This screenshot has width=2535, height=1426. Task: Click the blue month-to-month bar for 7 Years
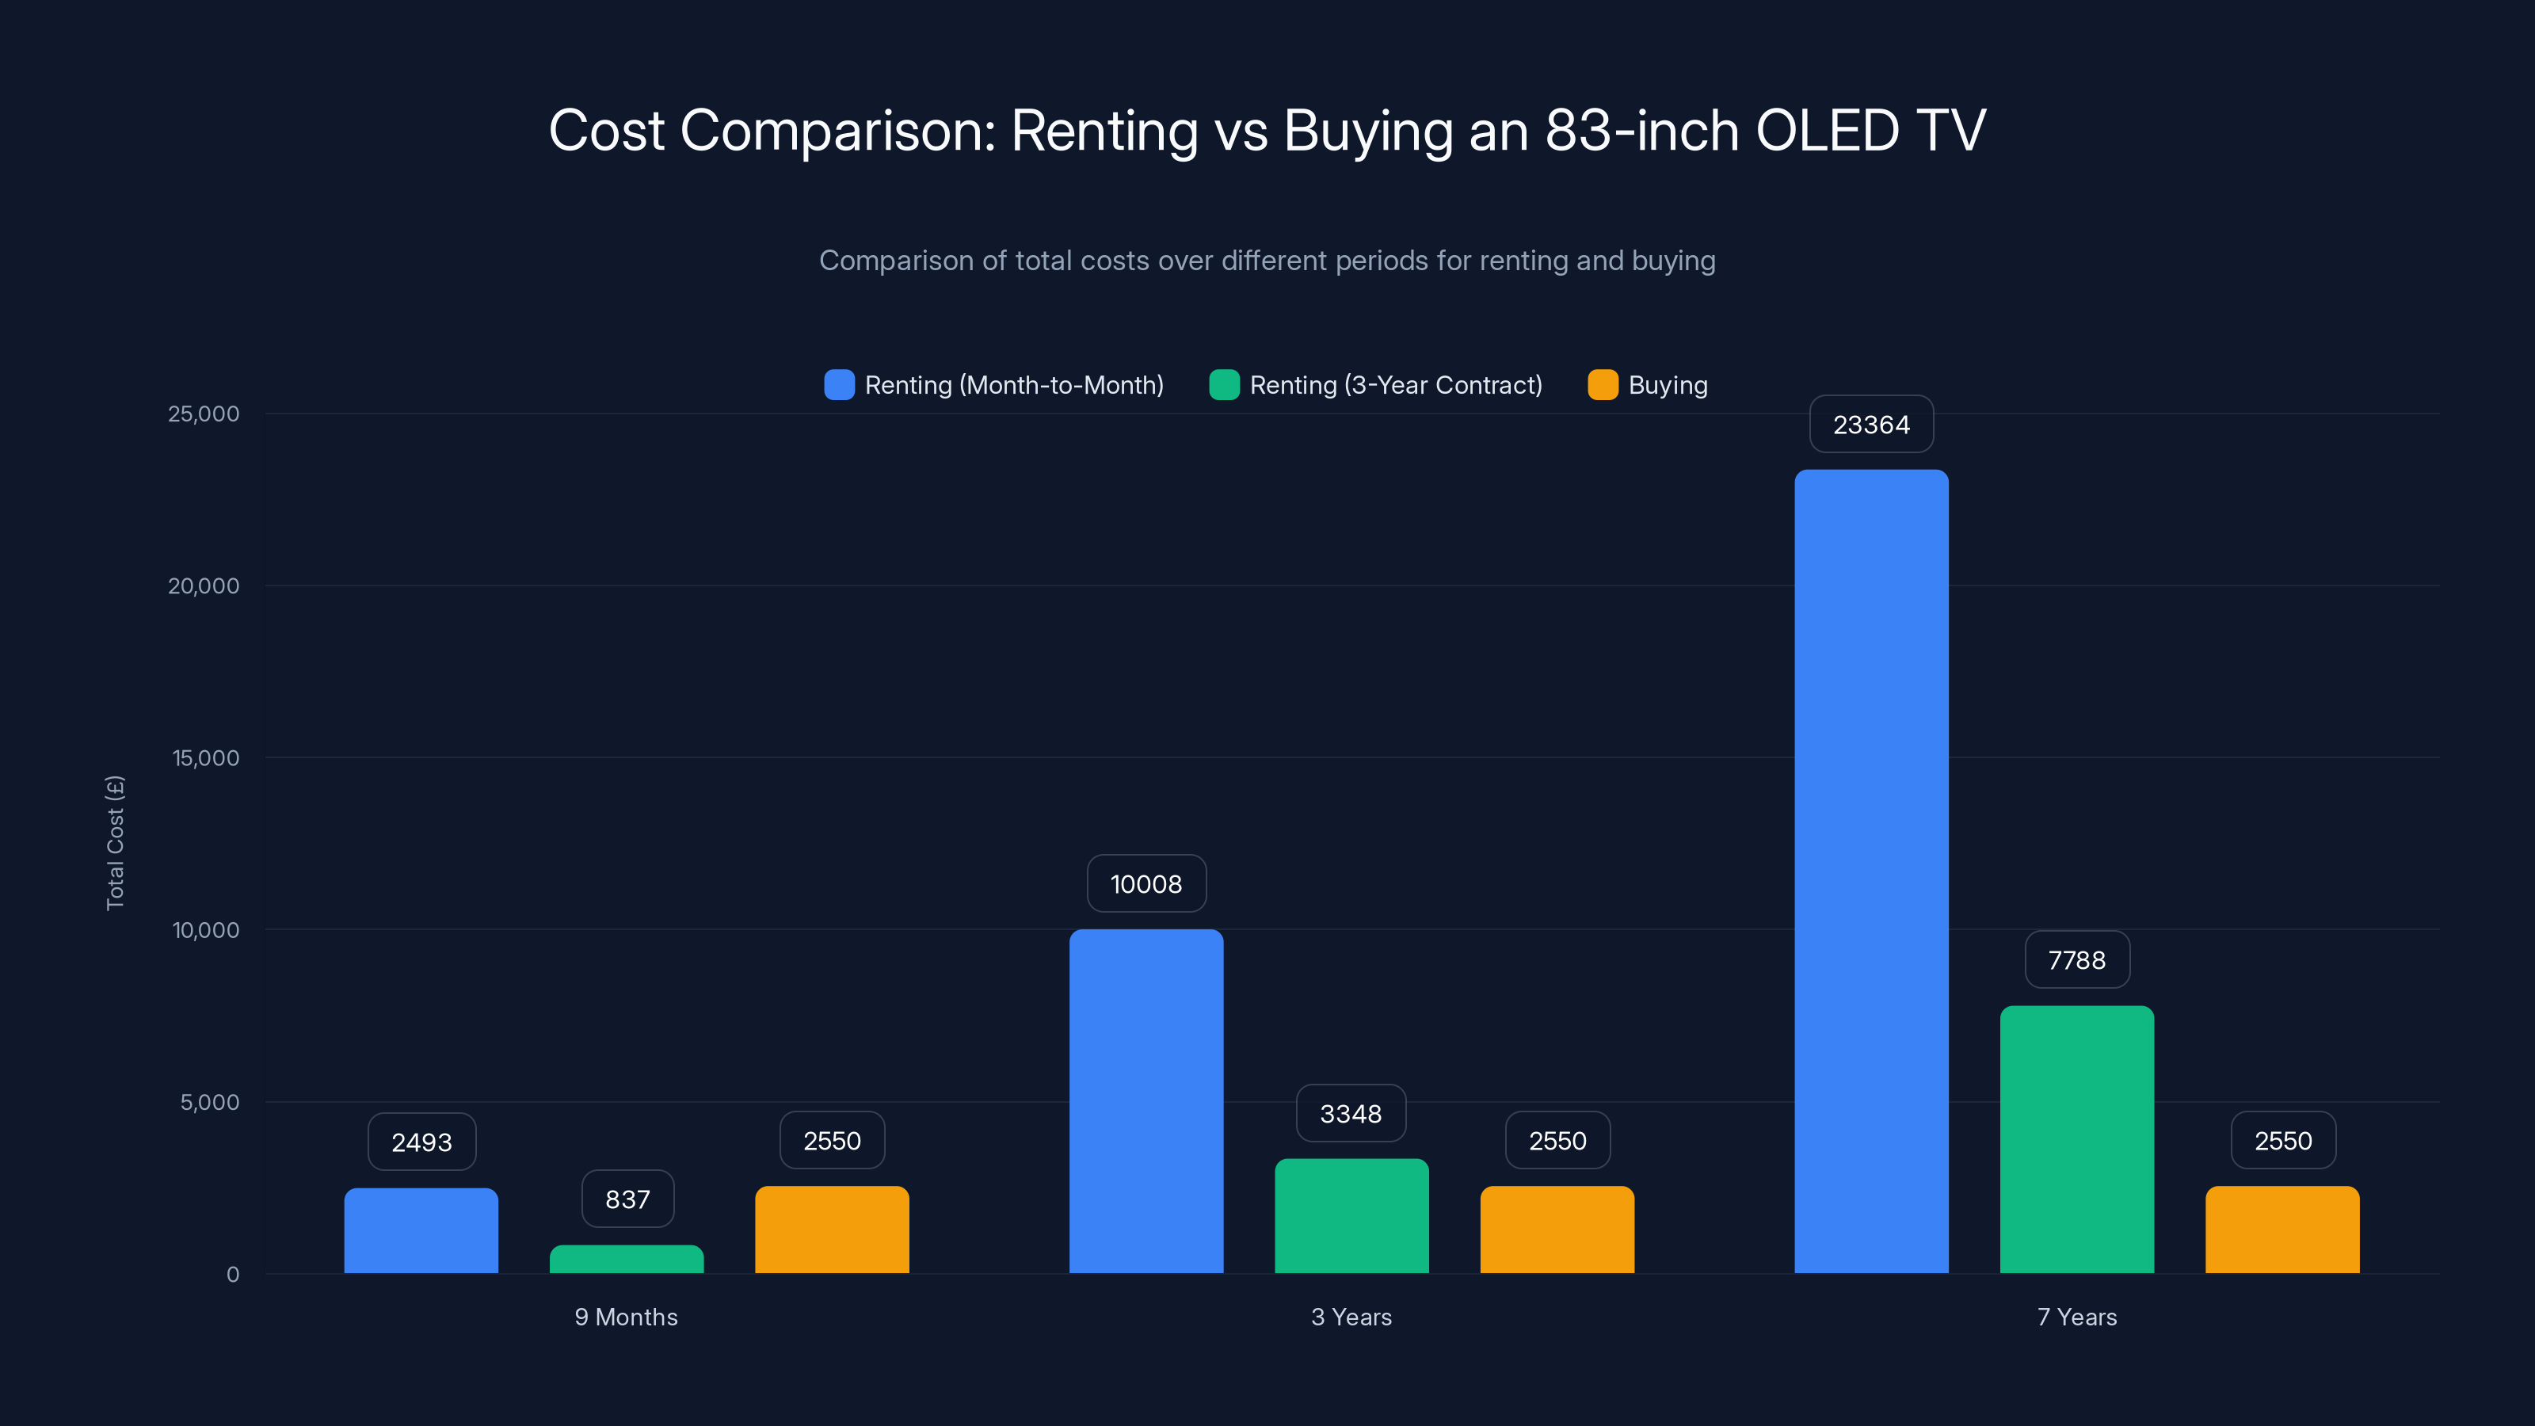coord(1870,871)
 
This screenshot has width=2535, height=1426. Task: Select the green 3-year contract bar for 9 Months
coord(627,1260)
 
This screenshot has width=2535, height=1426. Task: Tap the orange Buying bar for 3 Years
coord(1557,1230)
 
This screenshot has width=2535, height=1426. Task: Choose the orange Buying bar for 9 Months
coord(832,1230)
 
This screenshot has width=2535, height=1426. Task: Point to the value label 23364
coord(1870,424)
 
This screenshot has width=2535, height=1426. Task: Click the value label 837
coord(627,1199)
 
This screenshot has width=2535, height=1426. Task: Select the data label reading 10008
coord(1146,884)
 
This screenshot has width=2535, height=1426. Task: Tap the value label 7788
coord(2076,959)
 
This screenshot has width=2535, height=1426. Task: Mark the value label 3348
coord(1350,1113)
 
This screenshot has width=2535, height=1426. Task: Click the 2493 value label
coord(421,1142)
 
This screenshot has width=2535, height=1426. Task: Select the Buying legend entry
coord(1667,385)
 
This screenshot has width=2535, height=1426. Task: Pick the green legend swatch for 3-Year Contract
coord(1224,385)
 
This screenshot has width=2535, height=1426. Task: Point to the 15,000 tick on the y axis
coord(206,758)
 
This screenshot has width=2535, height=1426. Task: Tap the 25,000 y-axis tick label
coord(204,414)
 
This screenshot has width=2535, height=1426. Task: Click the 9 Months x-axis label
coord(626,1317)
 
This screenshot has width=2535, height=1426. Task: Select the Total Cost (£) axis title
coord(115,842)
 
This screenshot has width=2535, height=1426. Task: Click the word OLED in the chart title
coord(1827,131)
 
